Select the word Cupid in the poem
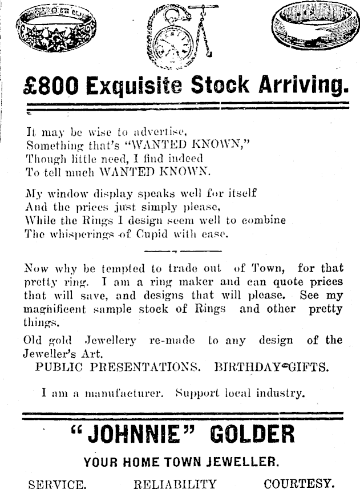tap(152, 234)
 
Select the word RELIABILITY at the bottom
tap(175, 484)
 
